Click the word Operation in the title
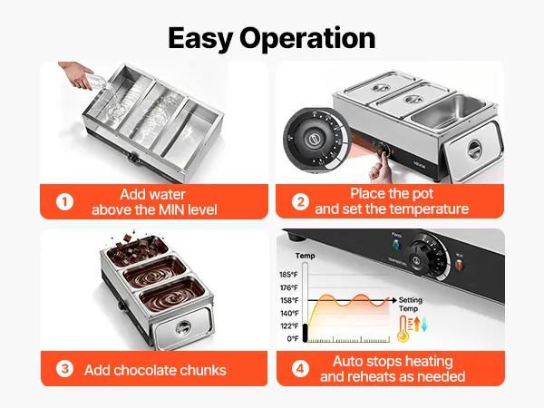[x=307, y=39]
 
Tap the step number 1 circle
[x=65, y=202]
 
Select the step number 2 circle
[x=300, y=201]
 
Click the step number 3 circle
[x=65, y=369]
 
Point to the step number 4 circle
[x=300, y=368]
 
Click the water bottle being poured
[x=99, y=82]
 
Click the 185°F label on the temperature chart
[x=288, y=275]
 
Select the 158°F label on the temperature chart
[x=289, y=300]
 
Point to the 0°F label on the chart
[x=293, y=338]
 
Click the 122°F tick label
[x=289, y=325]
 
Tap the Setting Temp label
[x=410, y=305]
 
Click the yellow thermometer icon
[x=403, y=328]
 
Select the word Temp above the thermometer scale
[x=305, y=256]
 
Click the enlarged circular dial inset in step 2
[x=315, y=141]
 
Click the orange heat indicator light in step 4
[x=459, y=265]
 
